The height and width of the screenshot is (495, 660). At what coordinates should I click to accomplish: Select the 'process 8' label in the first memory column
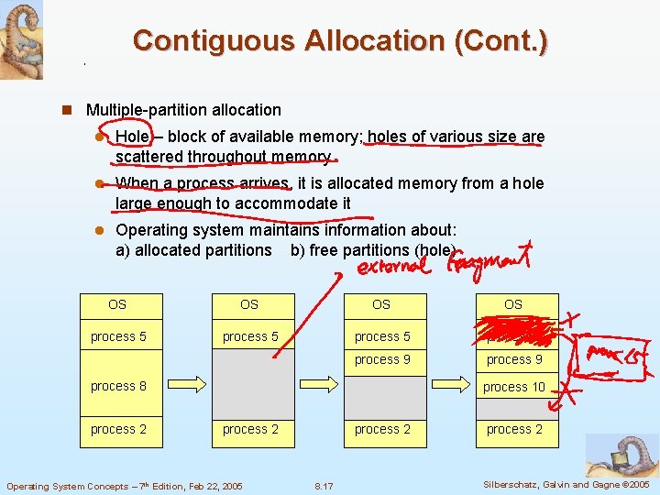118,386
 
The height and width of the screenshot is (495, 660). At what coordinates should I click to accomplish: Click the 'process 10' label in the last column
514,387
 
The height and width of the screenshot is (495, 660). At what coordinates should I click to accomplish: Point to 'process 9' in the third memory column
382,359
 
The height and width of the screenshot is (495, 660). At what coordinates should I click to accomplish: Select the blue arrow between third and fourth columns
447,379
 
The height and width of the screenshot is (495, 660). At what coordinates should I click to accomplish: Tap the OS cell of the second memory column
249,304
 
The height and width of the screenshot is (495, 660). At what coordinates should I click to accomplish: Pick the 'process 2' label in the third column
382,429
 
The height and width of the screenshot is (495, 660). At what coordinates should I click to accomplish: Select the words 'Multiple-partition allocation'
183,110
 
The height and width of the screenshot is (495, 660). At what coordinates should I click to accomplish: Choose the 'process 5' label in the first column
118,336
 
